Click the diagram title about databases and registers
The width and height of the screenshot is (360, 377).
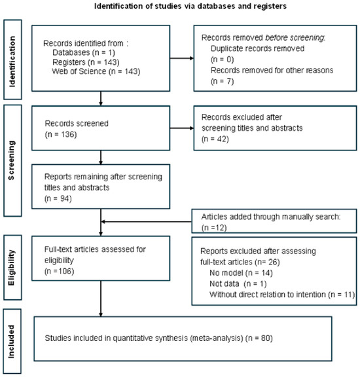click(190, 6)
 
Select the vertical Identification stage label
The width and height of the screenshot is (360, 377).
click(12, 62)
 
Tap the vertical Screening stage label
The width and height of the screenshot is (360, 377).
click(11, 160)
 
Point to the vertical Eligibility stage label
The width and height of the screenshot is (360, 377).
click(11, 268)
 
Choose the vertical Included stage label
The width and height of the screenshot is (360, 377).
click(11, 342)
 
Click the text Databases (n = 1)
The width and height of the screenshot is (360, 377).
click(84, 52)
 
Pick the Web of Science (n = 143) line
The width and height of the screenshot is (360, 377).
click(96, 71)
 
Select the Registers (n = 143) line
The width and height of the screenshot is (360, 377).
click(86, 62)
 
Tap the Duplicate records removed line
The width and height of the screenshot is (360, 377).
click(257, 48)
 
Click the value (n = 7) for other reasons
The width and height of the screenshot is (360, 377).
click(222, 81)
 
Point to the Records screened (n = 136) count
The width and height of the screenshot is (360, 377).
click(61, 134)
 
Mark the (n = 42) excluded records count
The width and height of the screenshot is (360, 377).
click(215, 139)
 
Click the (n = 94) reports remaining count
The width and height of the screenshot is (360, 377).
click(58, 198)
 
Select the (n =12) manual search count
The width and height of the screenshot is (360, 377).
click(214, 228)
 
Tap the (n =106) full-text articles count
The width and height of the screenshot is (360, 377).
click(59, 271)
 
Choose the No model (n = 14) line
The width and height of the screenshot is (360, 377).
click(241, 273)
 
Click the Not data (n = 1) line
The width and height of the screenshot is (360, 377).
click(238, 284)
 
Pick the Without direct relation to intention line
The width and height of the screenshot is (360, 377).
click(282, 295)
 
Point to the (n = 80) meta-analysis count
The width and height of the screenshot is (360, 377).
click(259, 338)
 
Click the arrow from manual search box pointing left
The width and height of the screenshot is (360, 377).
click(146, 221)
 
